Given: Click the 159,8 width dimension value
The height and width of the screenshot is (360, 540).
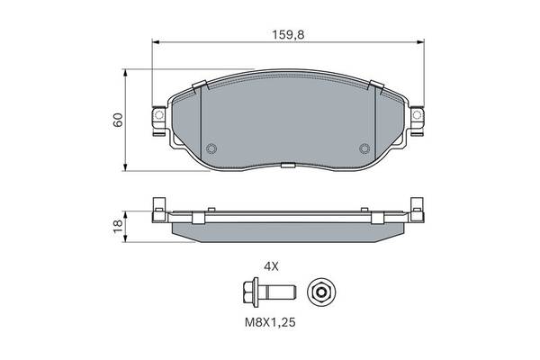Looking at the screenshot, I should (287, 36).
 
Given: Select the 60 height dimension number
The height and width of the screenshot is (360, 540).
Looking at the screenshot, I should (117, 121).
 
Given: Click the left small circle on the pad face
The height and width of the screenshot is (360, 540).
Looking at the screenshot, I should (211, 149).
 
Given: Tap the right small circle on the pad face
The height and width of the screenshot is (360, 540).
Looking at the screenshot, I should (364, 149).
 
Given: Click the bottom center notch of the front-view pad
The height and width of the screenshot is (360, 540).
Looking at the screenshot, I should (287, 165).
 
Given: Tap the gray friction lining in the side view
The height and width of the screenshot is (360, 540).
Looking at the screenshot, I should (287, 231).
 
